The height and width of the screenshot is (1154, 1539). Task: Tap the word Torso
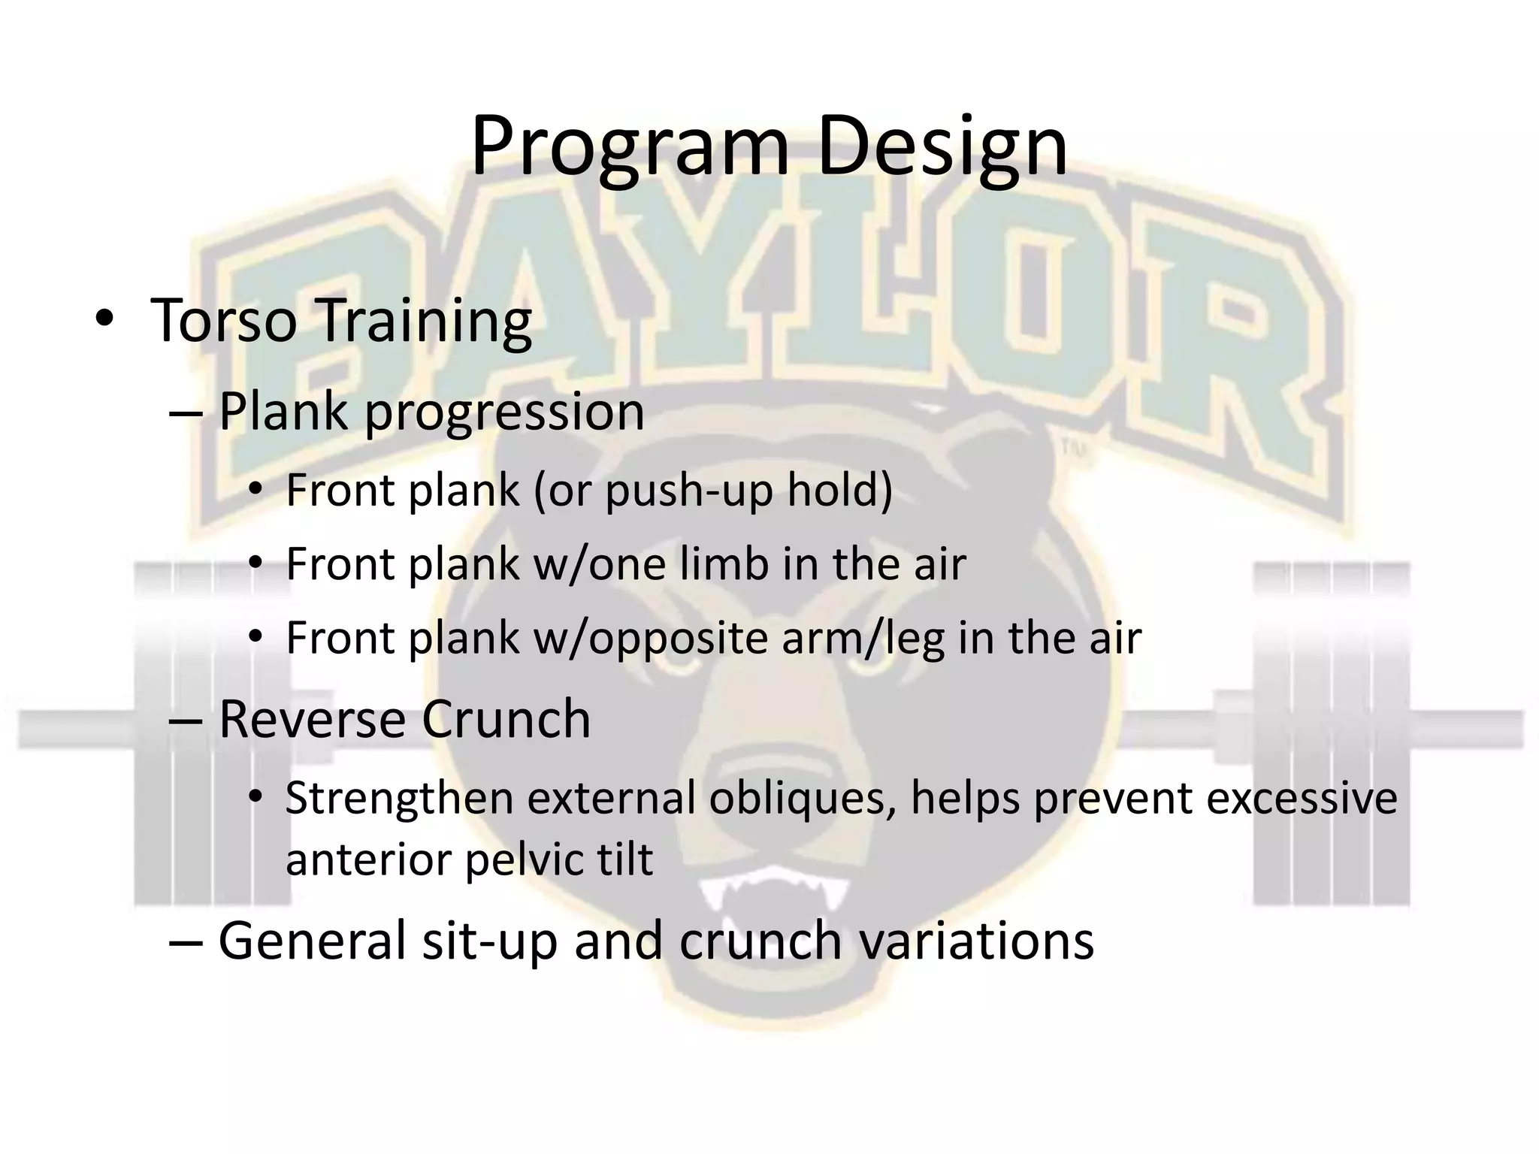(223, 321)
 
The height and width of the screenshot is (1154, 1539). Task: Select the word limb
(724, 563)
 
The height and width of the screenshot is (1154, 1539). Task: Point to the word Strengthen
(398, 798)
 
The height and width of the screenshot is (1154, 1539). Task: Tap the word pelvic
(512, 859)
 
